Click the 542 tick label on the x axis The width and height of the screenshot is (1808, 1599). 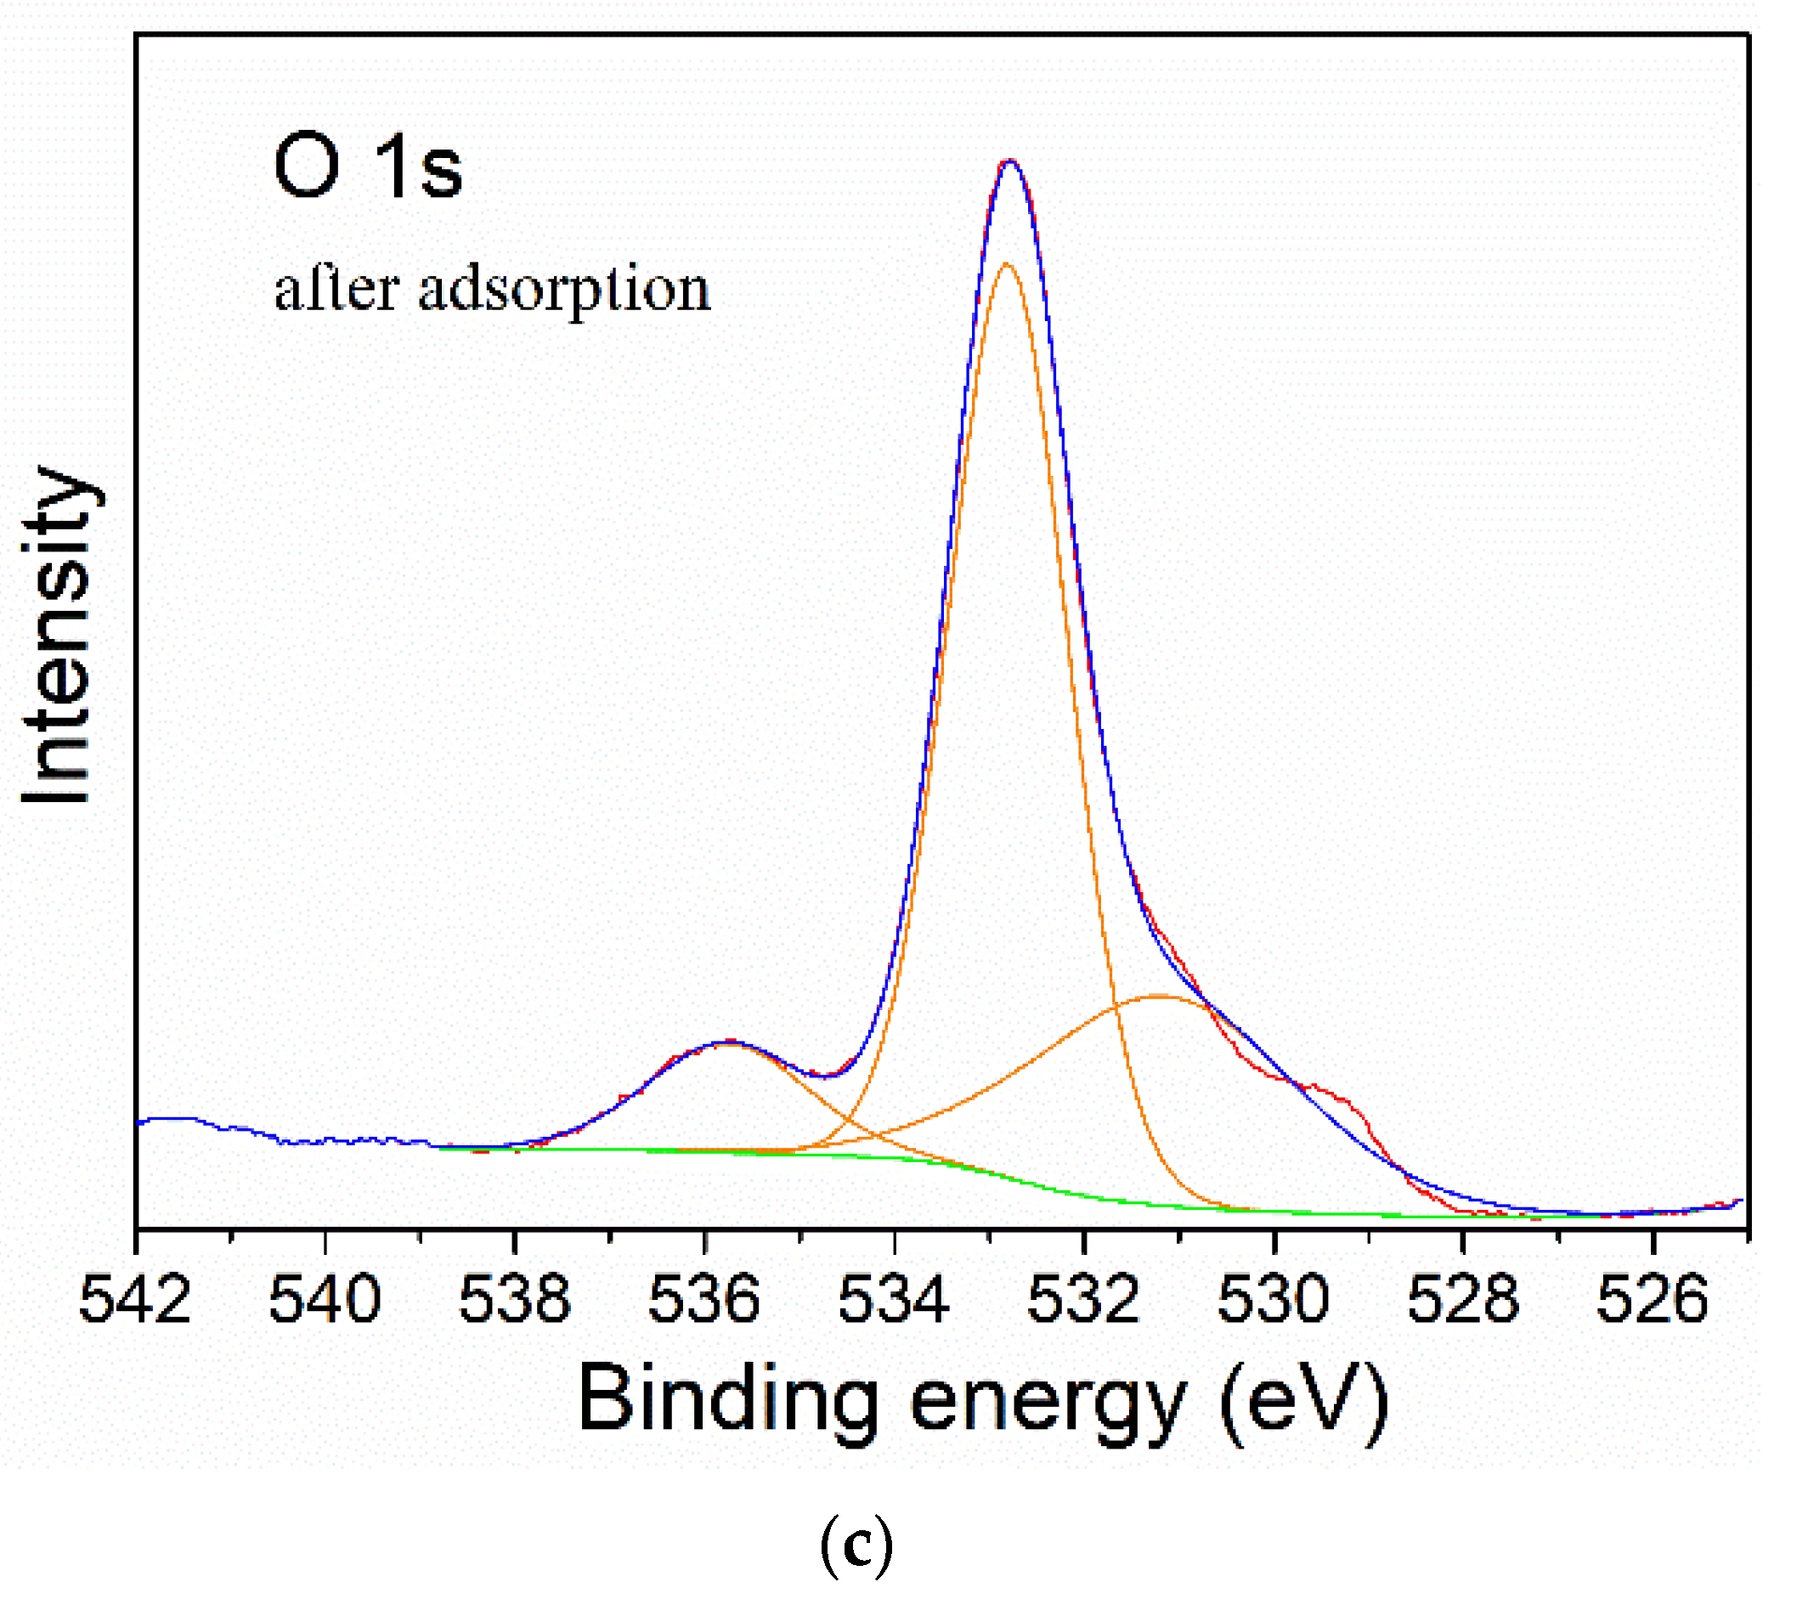coord(135,1299)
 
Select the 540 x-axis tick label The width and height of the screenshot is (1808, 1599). coord(325,1299)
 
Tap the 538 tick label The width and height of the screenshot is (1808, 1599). coord(515,1299)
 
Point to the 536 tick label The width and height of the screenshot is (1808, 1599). coord(704,1299)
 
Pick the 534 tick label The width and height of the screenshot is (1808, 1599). coord(895,1299)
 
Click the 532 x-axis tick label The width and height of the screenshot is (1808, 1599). coord(1083,1299)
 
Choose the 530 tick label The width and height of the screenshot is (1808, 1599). coord(1274,1299)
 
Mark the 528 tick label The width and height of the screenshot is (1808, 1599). coord(1463,1299)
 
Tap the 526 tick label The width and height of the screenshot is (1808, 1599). coord(1653,1299)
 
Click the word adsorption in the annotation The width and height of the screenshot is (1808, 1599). coord(564,291)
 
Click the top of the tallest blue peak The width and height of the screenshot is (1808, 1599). coord(1010,161)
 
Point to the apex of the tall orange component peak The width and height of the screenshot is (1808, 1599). coord(1007,263)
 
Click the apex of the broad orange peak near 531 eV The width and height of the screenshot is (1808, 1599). coord(1159,997)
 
